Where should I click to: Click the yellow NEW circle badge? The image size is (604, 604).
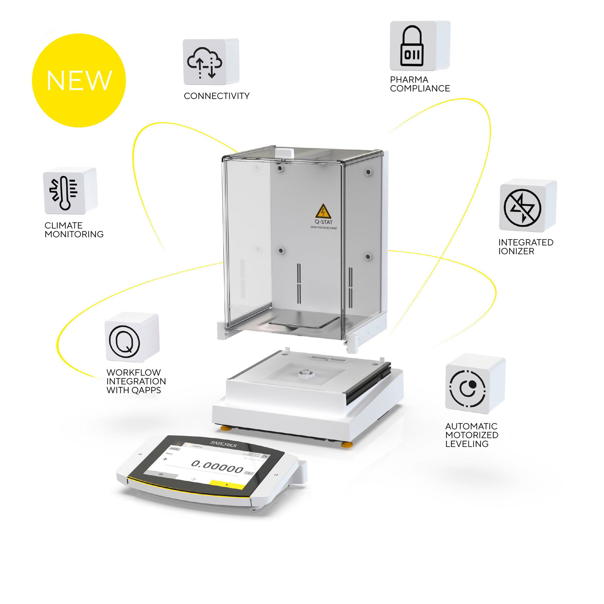coord(79,80)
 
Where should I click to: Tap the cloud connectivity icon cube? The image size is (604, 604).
coord(205,63)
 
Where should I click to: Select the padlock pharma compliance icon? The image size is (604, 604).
coord(412,46)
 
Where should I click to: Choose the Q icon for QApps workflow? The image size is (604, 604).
coord(125,340)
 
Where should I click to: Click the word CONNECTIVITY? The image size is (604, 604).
coord(216,96)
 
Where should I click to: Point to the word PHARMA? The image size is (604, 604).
coord(409,80)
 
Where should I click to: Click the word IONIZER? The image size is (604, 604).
coord(516,251)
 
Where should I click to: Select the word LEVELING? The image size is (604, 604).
coord(467,444)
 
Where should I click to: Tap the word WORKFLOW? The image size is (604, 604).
coord(134,373)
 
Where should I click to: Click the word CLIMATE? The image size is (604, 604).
coord(64,225)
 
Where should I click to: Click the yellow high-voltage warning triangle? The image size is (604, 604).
coord(323,212)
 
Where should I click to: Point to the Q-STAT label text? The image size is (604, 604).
coord(323,222)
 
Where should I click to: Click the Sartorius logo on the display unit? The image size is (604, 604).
coord(223,444)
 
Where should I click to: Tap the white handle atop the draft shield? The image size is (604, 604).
coord(285,153)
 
